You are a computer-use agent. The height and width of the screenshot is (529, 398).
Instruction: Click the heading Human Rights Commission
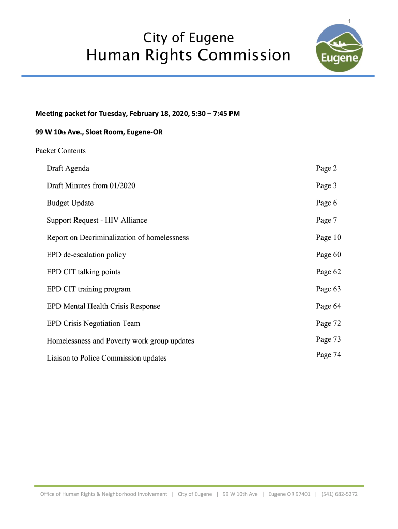(x=188, y=55)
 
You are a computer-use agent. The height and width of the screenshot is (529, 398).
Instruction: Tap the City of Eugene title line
(x=188, y=38)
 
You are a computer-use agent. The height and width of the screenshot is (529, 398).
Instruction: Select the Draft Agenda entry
(x=68, y=168)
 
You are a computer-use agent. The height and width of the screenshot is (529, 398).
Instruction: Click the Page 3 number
(x=326, y=185)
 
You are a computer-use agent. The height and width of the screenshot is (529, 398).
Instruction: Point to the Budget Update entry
(x=70, y=203)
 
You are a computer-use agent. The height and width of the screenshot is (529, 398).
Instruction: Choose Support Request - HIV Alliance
(x=97, y=220)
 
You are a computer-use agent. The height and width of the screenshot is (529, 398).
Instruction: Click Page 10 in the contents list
(x=328, y=237)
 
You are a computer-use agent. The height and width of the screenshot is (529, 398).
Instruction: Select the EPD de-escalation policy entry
(x=86, y=255)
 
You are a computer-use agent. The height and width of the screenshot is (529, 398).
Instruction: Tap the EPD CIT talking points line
(x=83, y=272)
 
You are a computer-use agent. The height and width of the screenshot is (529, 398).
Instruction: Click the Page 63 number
(x=328, y=289)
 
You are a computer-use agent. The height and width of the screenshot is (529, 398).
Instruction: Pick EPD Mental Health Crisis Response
(x=103, y=306)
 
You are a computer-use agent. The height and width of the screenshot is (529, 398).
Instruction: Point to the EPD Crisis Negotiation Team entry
(x=93, y=323)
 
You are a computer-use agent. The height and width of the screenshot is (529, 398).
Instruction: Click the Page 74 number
(x=328, y=355)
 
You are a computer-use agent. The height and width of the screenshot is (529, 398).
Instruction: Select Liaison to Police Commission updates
(x=106, y=358)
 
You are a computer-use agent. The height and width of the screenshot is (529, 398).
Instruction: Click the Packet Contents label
(x=60, y=151)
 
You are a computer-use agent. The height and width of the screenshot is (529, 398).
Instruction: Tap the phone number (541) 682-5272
(x=339, y=494)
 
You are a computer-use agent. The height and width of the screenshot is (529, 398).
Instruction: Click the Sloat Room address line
(x=99, y=132)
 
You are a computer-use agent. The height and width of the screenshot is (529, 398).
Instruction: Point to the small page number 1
(x=350, y=21)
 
